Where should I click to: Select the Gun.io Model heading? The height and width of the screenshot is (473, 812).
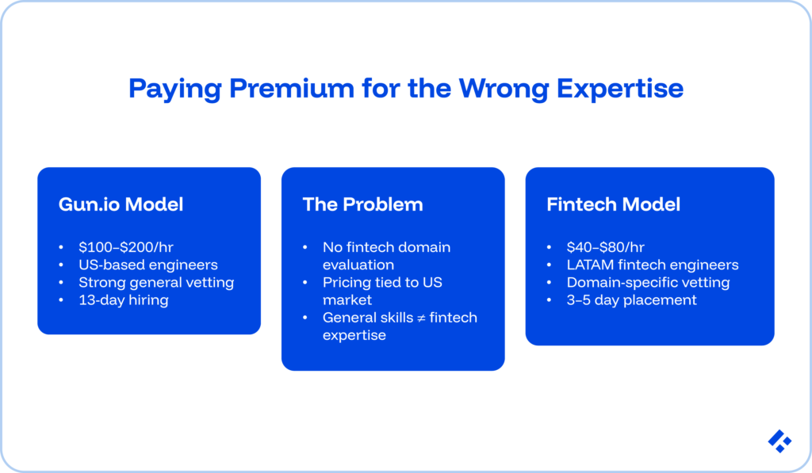coord(121,204)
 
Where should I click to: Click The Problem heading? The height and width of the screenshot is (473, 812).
coord(362,204)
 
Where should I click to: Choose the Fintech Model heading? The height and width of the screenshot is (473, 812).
coord(613,204)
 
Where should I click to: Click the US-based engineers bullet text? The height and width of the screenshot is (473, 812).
coord(147,265)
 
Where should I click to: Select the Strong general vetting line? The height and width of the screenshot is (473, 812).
coord(156,282)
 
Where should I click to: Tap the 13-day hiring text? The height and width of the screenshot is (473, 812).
coord(123,299)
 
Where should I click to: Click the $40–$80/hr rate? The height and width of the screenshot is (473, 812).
coord(606,247)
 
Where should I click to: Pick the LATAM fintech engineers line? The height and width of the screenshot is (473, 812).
coord(652,265)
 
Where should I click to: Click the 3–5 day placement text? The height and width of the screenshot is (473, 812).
coord(631,299)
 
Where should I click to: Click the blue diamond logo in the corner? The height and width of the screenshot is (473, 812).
coord(779,441)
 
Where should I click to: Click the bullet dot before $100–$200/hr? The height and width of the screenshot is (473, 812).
coord(62,247)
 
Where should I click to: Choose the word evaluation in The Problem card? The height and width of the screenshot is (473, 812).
coord(358,265)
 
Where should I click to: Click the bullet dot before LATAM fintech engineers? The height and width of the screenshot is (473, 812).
coord(550,265)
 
